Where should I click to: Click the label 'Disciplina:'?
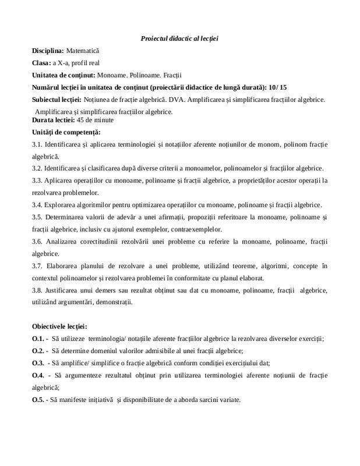(x=48, y=51)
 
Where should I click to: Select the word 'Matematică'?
(x=84, y=51)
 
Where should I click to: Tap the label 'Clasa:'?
(x=43, y=63)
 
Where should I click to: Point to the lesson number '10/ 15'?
(x=277, y=86)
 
